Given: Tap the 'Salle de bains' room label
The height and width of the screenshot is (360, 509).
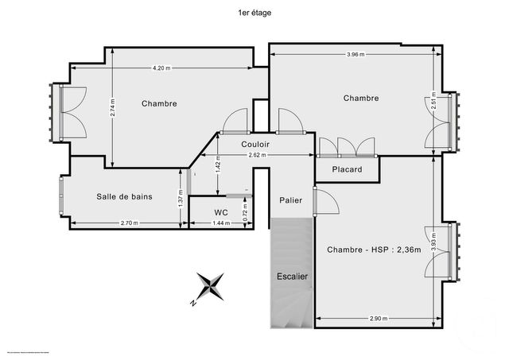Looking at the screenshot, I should [125, 196].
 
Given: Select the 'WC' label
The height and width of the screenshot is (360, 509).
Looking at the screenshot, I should [222, 213].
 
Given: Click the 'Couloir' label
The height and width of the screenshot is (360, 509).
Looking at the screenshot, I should [255, 144].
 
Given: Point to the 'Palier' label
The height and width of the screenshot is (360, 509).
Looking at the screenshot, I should [290, 200].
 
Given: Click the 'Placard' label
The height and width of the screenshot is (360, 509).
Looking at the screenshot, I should [347, 169].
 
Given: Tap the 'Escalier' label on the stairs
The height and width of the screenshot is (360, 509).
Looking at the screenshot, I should [292, 277].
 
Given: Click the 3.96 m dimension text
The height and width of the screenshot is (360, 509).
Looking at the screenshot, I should [356, 55].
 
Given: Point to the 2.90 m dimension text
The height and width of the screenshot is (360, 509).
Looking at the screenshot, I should [379, 319].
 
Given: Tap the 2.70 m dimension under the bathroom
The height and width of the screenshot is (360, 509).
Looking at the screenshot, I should [128, 223].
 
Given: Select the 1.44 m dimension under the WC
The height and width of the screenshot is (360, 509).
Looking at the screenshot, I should [222, 223].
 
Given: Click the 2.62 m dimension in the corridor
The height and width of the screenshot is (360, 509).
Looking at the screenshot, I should [257, 155].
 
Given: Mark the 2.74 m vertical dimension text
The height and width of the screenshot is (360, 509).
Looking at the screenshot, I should [113, 108].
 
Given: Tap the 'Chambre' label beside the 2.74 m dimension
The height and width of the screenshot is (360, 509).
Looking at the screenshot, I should [159, 103].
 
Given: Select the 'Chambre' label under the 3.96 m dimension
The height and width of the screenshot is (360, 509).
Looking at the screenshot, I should [360, 98].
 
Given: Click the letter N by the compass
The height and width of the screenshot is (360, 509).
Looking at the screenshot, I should [193, 303].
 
